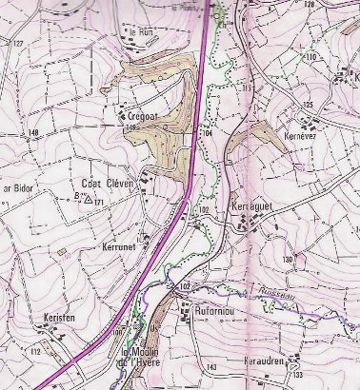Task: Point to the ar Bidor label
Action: pyautogui.click(x=19, y=188)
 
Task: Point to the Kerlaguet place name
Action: pyautogui.click(x=251, y=206)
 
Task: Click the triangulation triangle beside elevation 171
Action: pyautogui.click(x=89, y=200)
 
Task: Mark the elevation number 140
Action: pyautogui.click(x=34, y=131)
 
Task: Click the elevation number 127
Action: pyautogui.click(x=17, y=44)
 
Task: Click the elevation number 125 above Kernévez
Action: pyautogui.click(x=307, y=104)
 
